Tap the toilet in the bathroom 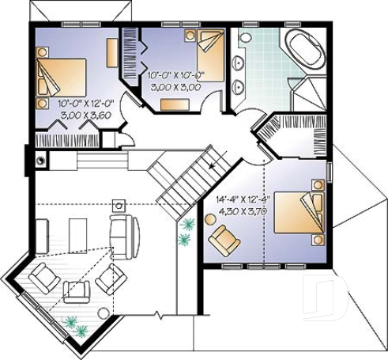tap(245, 37)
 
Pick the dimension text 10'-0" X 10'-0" tap(175, 75)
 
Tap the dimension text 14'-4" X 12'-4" tap(241, 201)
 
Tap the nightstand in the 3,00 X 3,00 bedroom tap(190, 36)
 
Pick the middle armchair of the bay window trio tap(77, 290)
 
